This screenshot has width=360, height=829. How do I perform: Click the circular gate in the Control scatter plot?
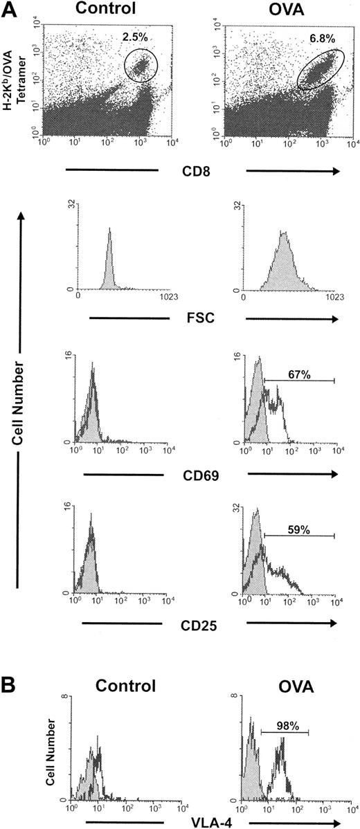tap(141, 67)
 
